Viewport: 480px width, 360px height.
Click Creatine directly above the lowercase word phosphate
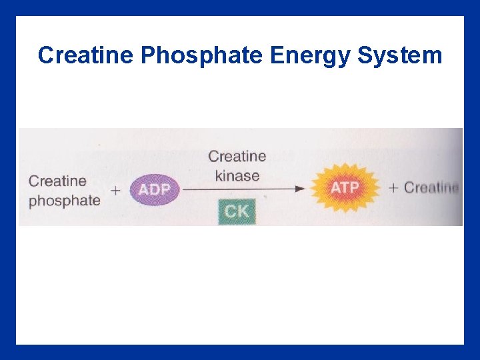[x=58, y=181]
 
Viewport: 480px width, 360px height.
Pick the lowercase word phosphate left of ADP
[x=65, y=200]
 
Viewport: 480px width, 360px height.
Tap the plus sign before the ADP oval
[x=116, y=191]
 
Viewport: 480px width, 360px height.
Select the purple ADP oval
[x=154, y=190]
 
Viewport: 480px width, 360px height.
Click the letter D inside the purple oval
[x=154, y=190]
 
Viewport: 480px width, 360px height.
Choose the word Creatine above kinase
[x=237, y=157]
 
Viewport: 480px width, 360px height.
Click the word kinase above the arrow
[x=237, y=177]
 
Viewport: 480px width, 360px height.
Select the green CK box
[x=237, y=212]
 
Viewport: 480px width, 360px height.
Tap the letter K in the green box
[x=244, y=212]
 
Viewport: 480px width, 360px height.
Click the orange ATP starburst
[x=345, y=188]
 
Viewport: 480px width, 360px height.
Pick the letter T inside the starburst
[x=345, y=188]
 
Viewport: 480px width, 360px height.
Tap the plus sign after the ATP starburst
[x=393, y=188]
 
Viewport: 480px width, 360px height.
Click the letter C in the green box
[x=230, y=212]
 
